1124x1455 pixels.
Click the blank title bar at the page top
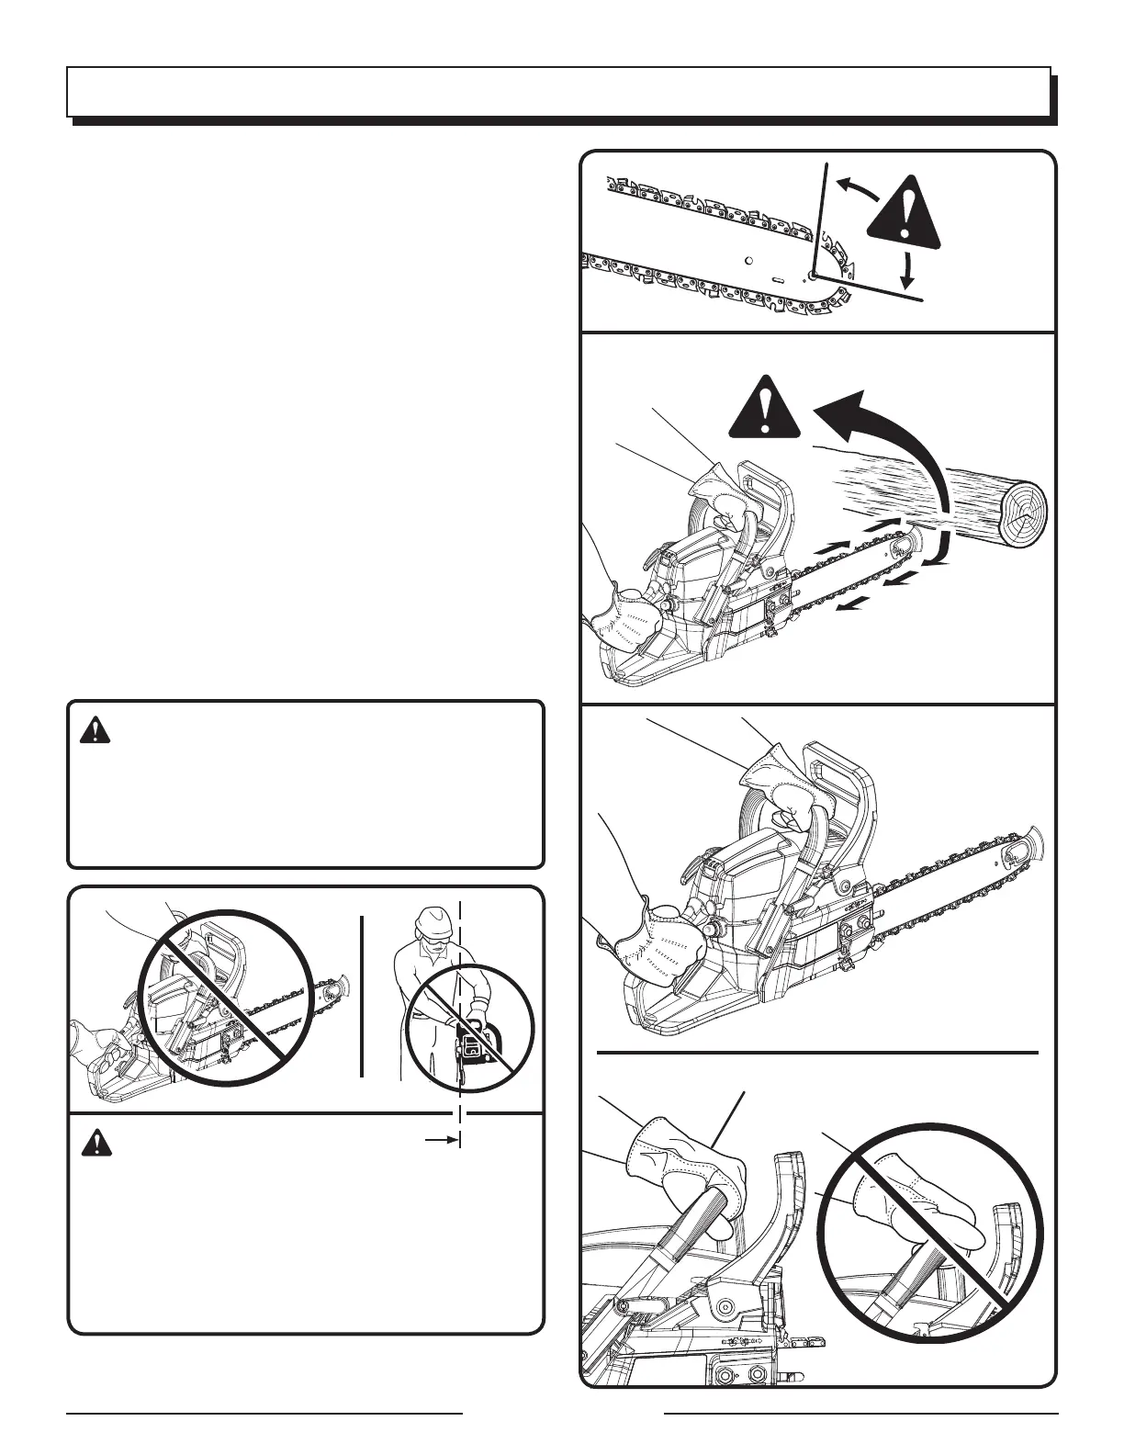(558, 91)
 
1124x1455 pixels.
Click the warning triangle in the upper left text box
(94, 731)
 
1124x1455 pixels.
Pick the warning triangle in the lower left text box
(94, 1143)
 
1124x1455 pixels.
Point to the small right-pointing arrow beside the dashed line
(442, 1140)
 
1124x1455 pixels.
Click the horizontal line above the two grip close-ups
(817, 1050)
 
